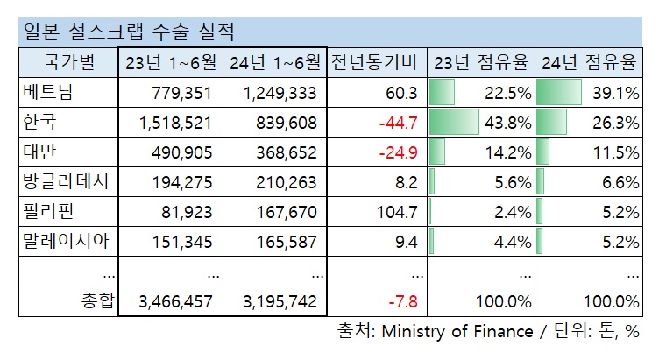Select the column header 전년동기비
click(378, 63)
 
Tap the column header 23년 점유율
click(481, 63)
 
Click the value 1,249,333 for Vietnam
click(284, 93)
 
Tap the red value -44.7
click(400, 123)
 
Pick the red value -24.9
click(400, 152)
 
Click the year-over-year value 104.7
click(400, 212)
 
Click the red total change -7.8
click(405, 301)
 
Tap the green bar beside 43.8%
click(453, 123)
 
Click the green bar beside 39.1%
click(559, 93)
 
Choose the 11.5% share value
click(616, 152)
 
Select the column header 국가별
click(68, 63)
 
